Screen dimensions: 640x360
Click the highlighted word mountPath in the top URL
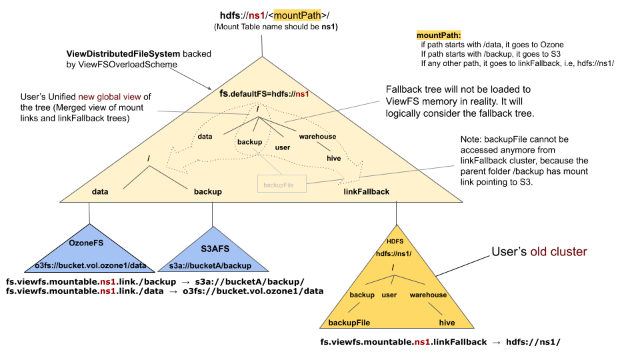[x=297, y=15]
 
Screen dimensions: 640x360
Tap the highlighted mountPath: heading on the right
[x=439, y=35]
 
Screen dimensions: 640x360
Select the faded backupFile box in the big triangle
[x=281, y=184]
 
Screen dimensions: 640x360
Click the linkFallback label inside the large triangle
[x=367, y=192]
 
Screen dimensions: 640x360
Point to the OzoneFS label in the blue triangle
[x=86, y=243]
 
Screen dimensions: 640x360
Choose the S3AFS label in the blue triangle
[x=215, y=249]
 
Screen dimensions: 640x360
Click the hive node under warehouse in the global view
[x=333, y=159]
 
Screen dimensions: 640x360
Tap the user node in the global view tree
[x=283, y=147]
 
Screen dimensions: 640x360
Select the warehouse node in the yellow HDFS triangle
[x=428, y=295]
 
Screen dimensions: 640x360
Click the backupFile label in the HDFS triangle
[x=349, y=323]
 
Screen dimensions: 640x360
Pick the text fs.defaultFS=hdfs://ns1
[x=264, y=94]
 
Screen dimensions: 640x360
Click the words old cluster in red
[x=559, y=251]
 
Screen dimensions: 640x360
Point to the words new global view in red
[x=109, y=97]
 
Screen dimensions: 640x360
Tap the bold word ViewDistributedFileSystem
[x=123, y=54]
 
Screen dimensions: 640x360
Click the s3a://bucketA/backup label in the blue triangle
[x=210, y=266]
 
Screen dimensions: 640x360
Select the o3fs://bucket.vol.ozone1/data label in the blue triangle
[x=91, y=265]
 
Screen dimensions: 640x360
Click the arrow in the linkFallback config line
[x=496, y=343]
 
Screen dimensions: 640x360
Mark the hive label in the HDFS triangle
[x=447, y=323]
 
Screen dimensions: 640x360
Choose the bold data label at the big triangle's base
[x=100, y=192]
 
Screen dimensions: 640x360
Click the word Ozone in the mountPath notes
[x=552, y=45]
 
